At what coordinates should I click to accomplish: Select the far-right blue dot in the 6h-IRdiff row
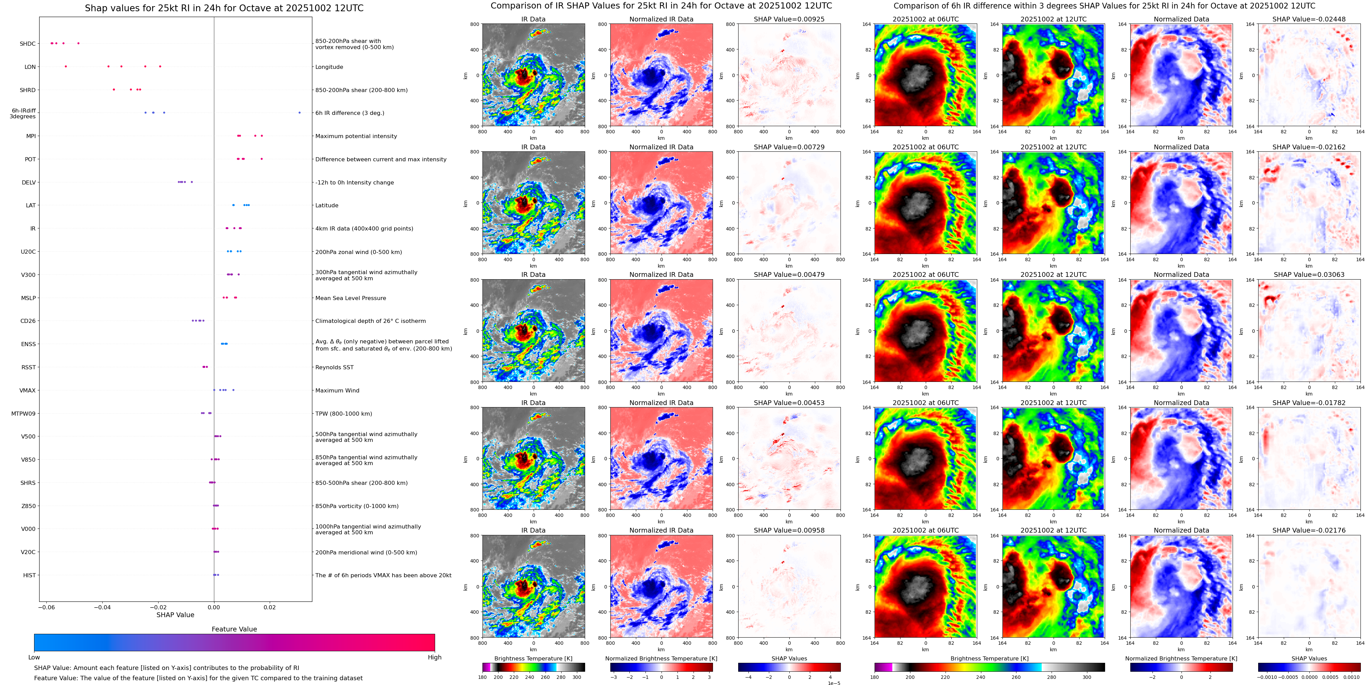pos(299,113)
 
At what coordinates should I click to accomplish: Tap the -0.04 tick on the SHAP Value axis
pos(102,607)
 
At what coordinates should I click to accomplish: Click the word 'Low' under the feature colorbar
pos(34,657)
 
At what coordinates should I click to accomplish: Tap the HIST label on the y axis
pos(29,575)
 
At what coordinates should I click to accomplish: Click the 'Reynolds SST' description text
pos(334,367)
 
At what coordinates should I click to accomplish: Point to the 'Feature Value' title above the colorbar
pos(234,629)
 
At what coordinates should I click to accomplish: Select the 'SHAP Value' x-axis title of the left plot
pos(175,615)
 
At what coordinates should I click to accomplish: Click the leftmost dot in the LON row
pos(65,66)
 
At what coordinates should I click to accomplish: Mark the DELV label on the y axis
pos(29,182)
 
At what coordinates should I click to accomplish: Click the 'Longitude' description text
pos(329,67)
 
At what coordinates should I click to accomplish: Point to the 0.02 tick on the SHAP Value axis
pos(269,607)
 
